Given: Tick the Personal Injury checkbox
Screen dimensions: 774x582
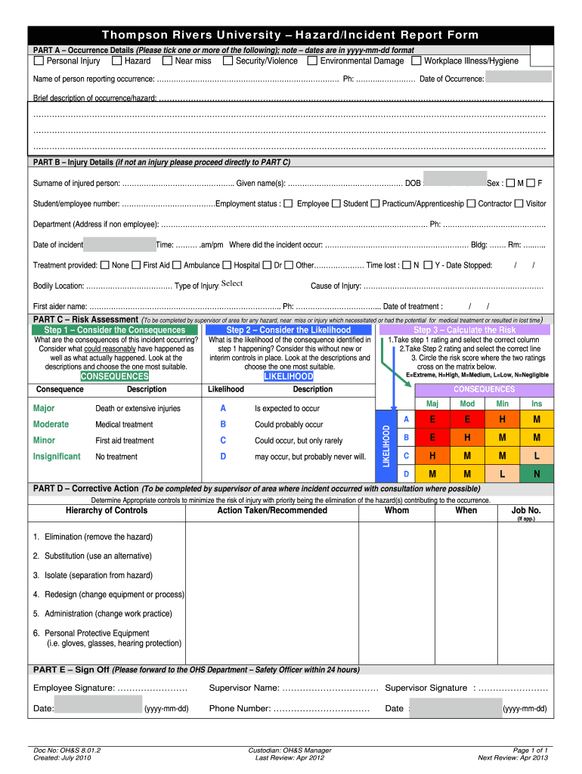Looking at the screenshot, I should tap(40, 60).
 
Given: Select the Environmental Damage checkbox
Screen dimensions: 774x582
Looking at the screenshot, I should tap(313, 60).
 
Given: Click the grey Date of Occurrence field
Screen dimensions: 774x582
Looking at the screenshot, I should tap(519, 77).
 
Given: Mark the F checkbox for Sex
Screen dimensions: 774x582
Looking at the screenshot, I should tap(531, 183).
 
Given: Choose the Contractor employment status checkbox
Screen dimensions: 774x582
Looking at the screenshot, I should tap(471, 203).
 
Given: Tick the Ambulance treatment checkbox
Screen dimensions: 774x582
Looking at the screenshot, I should tap(177, 265).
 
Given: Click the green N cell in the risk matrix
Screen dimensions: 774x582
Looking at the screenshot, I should tap(536, 474).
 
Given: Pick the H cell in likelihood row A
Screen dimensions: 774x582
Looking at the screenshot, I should tap(502, 420).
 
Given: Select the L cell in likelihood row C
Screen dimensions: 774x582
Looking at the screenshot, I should tap(536, 456).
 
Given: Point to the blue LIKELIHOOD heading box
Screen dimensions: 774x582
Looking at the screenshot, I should tap(288, 376).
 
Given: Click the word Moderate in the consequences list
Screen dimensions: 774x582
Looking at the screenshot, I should tap(51, 424).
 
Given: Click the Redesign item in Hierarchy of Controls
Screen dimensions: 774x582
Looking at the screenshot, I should tap(108, 594).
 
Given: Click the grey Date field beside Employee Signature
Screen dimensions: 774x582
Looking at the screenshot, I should tap(98, 708).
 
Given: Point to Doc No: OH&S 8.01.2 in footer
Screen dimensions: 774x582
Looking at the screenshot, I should tap(67, 750).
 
